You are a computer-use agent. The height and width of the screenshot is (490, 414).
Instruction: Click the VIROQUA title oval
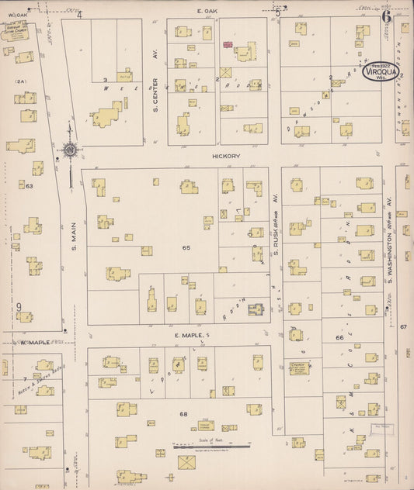378,72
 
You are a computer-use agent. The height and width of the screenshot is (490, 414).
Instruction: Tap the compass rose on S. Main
70,149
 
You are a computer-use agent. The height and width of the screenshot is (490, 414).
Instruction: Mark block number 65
186,247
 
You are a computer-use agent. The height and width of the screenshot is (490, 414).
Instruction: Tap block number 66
339,338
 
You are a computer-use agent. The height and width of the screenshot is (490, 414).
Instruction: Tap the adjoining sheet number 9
18,307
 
